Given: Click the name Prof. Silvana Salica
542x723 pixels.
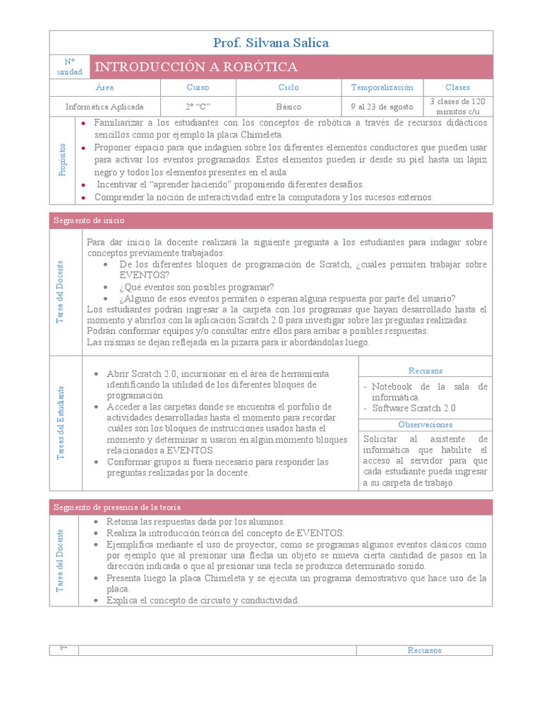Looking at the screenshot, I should point(271,43).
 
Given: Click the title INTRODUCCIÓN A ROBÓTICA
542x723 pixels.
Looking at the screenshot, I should point(196,67).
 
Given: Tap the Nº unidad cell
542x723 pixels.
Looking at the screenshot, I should point(70,67).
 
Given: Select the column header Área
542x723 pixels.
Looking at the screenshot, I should point(104,88).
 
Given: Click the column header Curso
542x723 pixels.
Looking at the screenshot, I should point(198,88).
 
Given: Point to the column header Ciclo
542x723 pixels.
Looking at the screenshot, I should point(289,88).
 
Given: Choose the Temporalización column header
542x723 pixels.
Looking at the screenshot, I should point(382,88).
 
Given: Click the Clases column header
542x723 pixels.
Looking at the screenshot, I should point(457,88).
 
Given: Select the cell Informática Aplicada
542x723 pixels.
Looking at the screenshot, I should point(104,107).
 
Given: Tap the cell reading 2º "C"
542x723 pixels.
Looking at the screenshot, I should point(198,107).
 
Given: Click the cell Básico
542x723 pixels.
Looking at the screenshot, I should point(289,107).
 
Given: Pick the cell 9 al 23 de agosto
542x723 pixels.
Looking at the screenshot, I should point(382,107).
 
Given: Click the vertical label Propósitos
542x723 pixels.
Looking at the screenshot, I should point(62,160).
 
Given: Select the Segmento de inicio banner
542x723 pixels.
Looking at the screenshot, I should point(89,221).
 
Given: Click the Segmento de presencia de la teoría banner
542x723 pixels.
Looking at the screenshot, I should point(117,507).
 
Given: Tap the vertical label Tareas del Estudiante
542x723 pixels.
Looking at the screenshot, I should point(62,423).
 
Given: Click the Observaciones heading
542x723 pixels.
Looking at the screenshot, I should point(426,425).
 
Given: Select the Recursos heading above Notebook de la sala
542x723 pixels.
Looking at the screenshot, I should point(426,371).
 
